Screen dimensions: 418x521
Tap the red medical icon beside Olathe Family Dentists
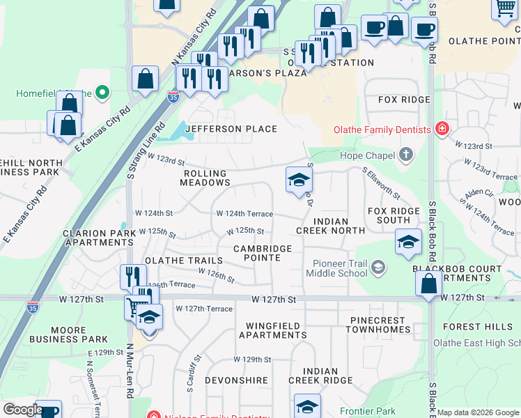click(x=441, y=128)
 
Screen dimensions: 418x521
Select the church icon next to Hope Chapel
click(x=405, y=155)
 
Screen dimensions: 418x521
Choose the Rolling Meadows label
click(x=205, y=178)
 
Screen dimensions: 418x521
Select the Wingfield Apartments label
click(x=272, y=330)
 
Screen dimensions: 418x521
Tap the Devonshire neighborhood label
click(x=236, y=381)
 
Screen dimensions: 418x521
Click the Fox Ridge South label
click(x=394, y=215)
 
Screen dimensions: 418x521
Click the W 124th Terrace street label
click(x=244, y=215)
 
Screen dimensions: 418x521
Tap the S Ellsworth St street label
click(x=381, y=182)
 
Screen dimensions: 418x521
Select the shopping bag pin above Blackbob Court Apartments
click(x=428, y=282)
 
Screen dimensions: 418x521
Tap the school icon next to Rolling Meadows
click(x=299, y=180)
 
